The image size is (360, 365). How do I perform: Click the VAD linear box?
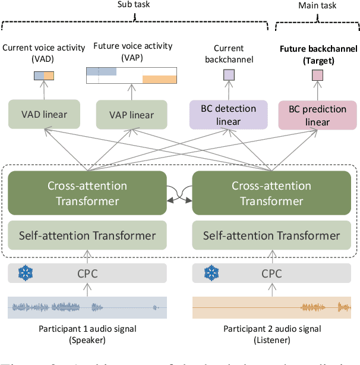click(45, 115)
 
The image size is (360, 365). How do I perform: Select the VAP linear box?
click(131, 115)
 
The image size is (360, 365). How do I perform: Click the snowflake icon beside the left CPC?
click(24, 273)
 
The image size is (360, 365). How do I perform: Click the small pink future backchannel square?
click(318, 75)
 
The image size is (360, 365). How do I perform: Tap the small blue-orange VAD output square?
click(43, 75)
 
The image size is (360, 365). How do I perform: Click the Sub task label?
click(135, 4)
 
